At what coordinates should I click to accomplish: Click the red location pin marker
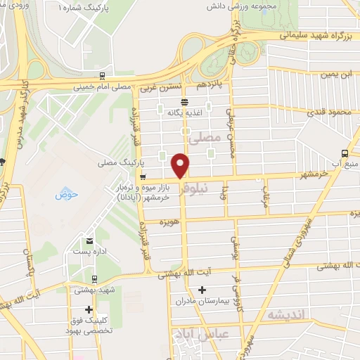pyautogui.click(x=181, y=165)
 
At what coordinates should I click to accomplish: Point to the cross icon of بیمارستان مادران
pyautogui.click(x=202, y=289)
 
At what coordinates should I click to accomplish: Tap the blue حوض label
pyautogui.click(x=65, y=193)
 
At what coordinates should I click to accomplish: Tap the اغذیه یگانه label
pyautogui.click(x=190, y=111)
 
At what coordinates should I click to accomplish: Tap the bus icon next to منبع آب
pyautogui.click(x=344, y=153)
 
